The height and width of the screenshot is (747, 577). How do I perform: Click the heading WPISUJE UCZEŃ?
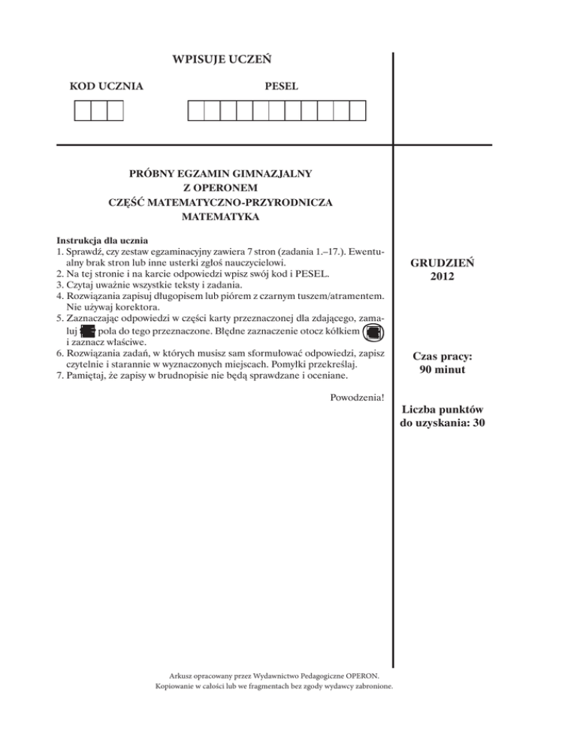pos(222,58)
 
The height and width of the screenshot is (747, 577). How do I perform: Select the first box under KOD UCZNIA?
pos(82,111)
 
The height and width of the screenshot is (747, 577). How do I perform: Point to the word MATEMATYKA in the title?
pos(221,217)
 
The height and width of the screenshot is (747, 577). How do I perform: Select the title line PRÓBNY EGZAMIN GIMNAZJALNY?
pos(221,173)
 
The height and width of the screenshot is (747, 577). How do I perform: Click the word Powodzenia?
pos(357,397)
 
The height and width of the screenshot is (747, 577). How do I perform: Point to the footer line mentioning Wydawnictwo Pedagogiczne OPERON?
pos(277,676)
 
